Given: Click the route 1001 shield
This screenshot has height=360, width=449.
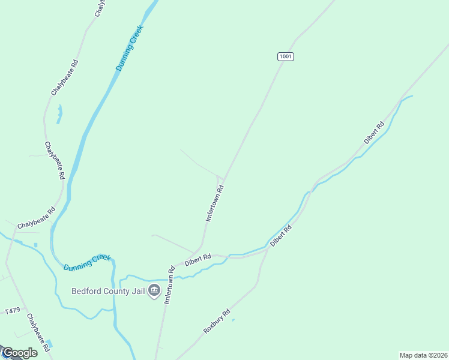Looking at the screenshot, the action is coord(286,56).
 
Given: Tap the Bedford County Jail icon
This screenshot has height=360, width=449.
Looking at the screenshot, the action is coord(154,292).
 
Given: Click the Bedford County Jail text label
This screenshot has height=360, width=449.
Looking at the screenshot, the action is coord(108,292).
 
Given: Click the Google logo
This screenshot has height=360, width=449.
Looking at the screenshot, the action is coord(20,353).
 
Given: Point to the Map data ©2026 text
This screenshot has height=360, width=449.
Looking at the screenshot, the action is coord(423,355).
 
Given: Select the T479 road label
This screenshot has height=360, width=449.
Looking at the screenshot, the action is coord(12,311).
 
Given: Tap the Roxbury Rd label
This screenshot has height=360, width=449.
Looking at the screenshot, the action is coord(217,322).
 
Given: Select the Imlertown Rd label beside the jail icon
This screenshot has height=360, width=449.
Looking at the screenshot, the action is coord(169,284).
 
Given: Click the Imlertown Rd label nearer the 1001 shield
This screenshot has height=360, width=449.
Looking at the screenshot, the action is coord(215,203).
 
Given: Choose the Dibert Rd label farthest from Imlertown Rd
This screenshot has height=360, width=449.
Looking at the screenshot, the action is coord(373,133).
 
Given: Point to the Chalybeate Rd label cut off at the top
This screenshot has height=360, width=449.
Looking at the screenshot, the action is coord(100,7).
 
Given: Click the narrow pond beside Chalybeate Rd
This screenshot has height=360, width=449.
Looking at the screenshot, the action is coord(59,113).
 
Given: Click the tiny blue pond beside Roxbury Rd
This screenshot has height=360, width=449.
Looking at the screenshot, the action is coord(233,320).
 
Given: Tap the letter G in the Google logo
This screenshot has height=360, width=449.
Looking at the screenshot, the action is coord(8,353).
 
